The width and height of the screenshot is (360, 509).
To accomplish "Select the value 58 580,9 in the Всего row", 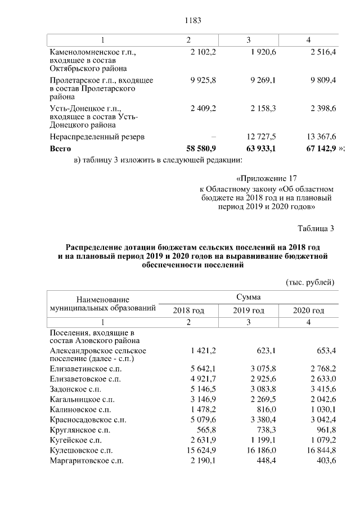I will pyautogui.click(x=201, y=148).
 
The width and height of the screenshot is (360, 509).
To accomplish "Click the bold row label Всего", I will pyautogui.click(x=61, y=148).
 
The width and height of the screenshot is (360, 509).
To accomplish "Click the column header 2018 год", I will pyautogui.click(x=188, y=310).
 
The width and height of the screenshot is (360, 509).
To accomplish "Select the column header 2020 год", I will pyautogui.click(x=309, y=310).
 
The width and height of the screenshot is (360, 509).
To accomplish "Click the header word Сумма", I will pyautogui.click(x=248, y=296).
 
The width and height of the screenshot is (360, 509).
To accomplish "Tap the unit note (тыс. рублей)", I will pyautogui.click(x=310, y=282).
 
